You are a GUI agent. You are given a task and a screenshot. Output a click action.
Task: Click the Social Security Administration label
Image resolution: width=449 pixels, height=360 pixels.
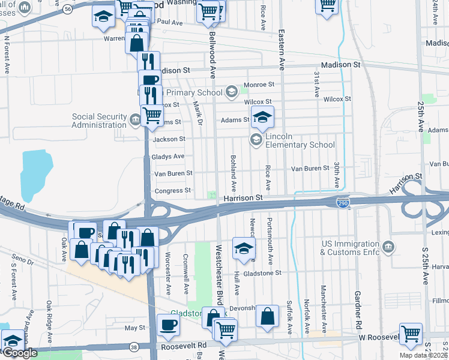coord(99,121)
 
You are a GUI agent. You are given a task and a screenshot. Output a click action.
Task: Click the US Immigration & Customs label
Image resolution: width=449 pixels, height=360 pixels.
coord(352,248)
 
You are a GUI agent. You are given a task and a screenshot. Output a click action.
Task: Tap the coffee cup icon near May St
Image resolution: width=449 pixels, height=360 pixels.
coord(168,325)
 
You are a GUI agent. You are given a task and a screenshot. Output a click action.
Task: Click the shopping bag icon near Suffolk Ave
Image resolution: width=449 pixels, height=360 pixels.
coord(267,316)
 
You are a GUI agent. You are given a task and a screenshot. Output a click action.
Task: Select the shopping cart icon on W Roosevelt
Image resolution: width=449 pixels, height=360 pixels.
coord(411,333)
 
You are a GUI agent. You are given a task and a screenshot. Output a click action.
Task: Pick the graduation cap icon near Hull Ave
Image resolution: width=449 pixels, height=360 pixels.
coord(243,249)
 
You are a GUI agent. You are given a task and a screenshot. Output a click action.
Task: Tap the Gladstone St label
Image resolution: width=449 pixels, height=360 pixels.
coord(262,273)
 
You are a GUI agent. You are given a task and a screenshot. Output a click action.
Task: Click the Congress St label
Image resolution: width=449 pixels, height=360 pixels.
coord(173,191)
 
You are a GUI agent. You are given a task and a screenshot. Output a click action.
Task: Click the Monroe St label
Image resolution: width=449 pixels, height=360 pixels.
coord(259,85)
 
